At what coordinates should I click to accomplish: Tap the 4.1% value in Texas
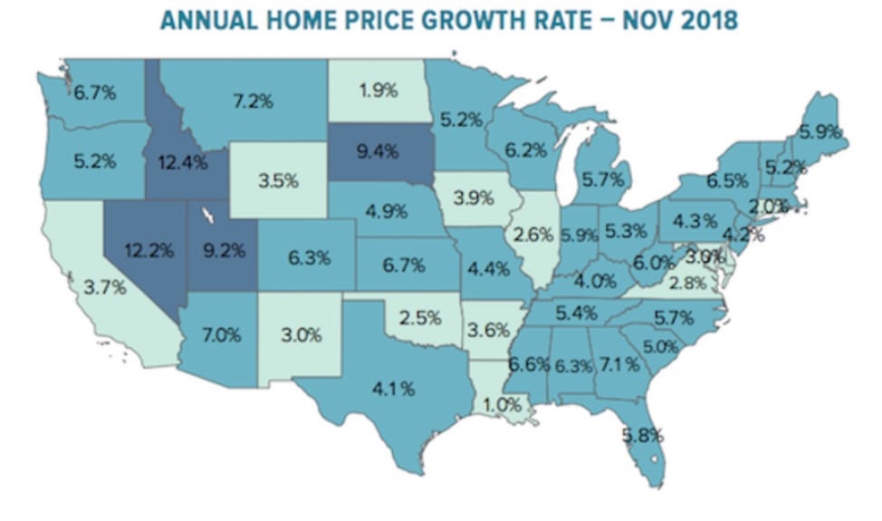coord(394,389)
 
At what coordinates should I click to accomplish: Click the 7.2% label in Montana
coord(253,101)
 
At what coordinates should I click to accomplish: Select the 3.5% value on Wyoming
coord(277,180)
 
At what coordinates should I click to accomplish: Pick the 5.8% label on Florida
coord(641,435)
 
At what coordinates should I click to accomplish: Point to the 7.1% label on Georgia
coord(620,364)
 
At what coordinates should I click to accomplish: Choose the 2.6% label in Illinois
coord(534,236)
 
